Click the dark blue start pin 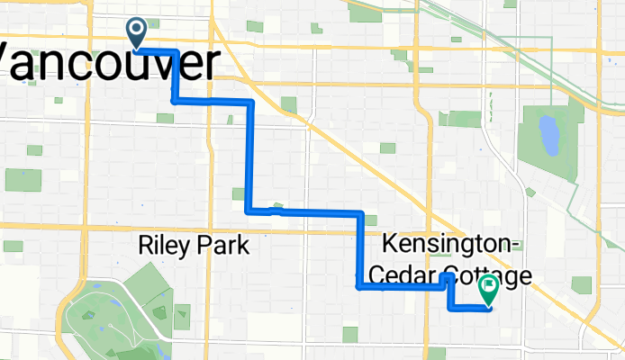click(x=137, y=32)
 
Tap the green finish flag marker click(x=489, y=289)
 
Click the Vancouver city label click(x=108, y=65)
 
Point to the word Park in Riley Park click(x=223, y=244)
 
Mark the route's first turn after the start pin click(x=174, y=52)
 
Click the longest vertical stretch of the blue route click(x=249, y=157)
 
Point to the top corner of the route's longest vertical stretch click(x=250, y=103)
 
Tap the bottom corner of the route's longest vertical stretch click(x=249, y=211)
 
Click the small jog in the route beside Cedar click(x=446, y=280)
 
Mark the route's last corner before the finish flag click(x=450, y=308)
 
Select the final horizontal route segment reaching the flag click(x=469, y=309)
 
